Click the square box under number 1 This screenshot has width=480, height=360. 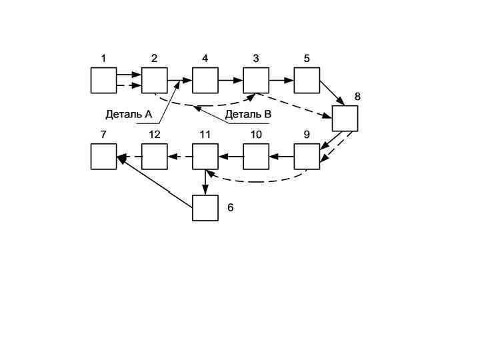(103, 80)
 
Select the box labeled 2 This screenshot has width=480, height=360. (154, 80)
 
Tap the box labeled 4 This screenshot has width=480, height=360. (205, 80)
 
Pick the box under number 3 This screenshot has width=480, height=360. (255, 80)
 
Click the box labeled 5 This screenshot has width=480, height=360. (307, 80)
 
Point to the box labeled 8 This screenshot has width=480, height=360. (345, 118)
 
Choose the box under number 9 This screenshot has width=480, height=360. (307, 157)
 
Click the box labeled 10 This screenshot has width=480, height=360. (255, 157)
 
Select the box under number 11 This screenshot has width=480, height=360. (205, 157)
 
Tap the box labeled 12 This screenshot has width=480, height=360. (154, 157)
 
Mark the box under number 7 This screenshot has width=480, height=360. (103, 157)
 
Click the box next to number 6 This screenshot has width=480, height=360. (205, 207)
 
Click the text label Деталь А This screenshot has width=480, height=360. (129, 115)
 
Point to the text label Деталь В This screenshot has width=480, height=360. (248, 115)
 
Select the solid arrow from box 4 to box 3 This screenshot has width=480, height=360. (230, 80)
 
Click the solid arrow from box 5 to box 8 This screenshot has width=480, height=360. (331, 93)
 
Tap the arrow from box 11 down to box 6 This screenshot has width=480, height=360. (205, 182)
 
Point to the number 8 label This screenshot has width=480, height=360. (357, 97)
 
